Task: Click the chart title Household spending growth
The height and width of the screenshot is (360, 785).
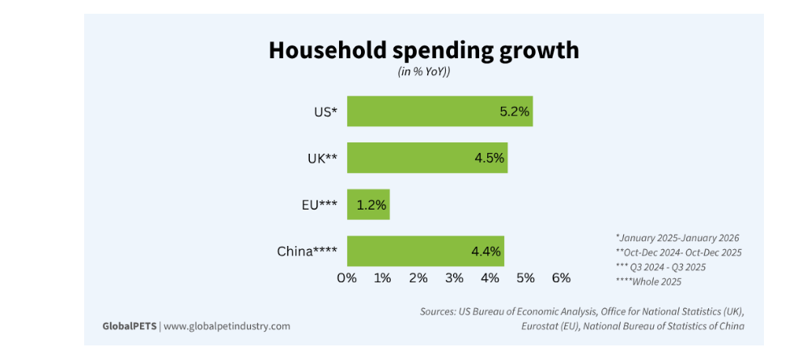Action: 423,50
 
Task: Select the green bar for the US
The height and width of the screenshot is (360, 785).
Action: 421,112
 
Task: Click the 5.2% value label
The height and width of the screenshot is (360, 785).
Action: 514,112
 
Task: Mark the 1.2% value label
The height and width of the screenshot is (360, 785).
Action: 372,205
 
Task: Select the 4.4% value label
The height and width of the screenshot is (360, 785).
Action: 487,251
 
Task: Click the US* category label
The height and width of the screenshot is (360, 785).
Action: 325,112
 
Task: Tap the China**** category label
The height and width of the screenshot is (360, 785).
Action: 307,251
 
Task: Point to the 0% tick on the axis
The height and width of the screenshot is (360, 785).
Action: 347,278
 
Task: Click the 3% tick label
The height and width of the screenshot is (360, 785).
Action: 454,278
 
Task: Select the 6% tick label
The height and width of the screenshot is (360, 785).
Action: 561,278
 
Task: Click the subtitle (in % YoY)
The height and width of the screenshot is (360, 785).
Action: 423,72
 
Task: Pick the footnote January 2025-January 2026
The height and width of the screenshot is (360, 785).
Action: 677,238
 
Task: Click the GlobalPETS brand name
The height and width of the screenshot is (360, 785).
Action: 129,326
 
